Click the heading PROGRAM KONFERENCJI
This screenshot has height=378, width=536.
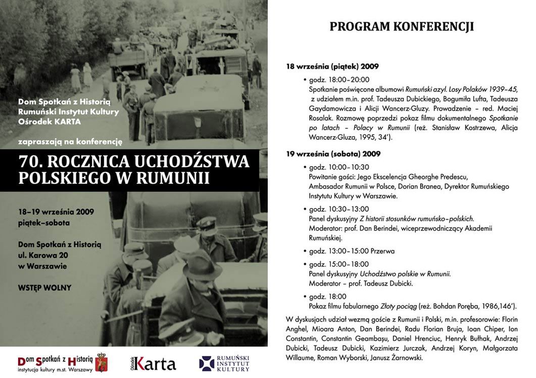[402, 27]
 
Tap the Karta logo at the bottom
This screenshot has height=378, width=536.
[153, 363]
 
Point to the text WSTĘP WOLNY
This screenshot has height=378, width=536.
[44, 288]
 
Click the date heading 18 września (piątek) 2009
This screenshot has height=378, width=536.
[332, 67]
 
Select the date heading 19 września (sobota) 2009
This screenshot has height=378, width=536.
[333, 153]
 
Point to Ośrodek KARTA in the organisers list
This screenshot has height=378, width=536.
[49, 122]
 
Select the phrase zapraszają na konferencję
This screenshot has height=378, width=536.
[70, 142]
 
